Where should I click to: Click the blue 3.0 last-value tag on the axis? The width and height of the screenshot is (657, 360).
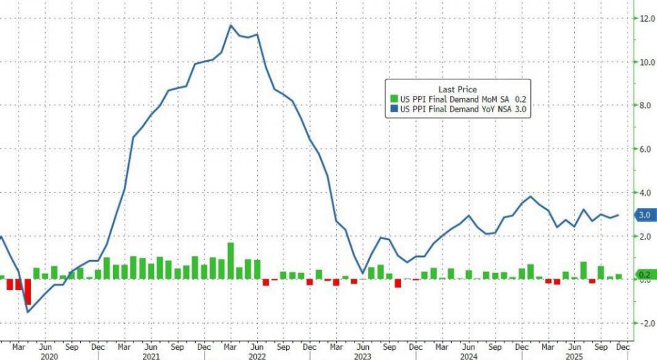[x=644, y=215]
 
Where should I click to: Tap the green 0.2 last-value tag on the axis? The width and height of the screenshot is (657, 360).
[x=644, y=275]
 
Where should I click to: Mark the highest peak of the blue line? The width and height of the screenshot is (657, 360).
[x=231, y=25]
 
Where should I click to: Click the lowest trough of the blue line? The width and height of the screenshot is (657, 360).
[x=28, y=312]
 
